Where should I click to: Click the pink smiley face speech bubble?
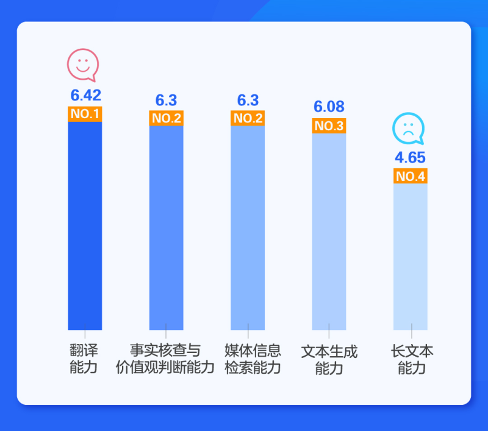coord(82,65)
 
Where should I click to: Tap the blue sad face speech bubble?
coord(407,129)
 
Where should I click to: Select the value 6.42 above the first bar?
coord(85,96)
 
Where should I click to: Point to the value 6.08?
coord(329,107)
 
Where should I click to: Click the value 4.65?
coord(410,158)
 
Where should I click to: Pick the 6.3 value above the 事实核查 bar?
coord(166,100)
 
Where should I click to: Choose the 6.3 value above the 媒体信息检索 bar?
coord(248,100)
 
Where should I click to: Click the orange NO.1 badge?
coord(85,114)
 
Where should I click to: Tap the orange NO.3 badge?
coord(329,126)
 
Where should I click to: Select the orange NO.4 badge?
coord(411,177)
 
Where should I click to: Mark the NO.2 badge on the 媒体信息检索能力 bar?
coord(248,118)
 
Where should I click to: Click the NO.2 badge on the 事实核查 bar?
coord(166,118)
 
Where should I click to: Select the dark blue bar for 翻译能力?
coord(85,225)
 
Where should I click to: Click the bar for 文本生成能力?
coord(329,231)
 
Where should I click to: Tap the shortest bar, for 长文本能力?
coord(411,256)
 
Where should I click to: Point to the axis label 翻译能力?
coord(84,359)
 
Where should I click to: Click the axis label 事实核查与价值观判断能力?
coord(165,359)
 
